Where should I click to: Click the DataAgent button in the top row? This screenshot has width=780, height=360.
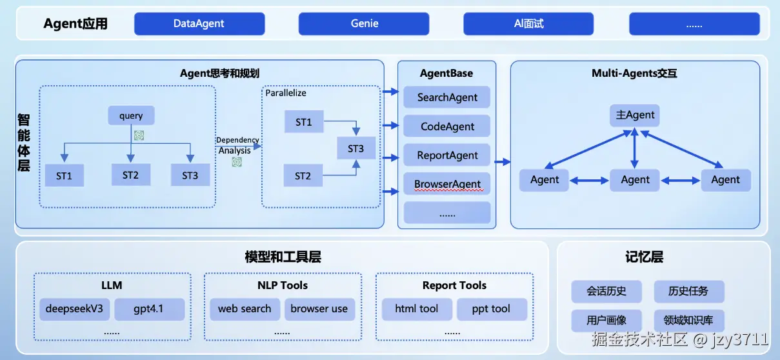pos(199,24)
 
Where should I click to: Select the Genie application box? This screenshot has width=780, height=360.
pos(365,24)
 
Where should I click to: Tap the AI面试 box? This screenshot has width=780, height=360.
pos(528,24)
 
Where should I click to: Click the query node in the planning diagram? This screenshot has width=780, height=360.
pos(131,116)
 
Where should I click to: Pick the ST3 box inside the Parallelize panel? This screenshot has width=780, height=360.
pos(355,149)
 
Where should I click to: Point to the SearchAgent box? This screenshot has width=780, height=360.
pos(447,97)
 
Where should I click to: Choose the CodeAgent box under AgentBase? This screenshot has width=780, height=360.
pos(447,126)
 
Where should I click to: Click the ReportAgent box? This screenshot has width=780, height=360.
pos(447,155)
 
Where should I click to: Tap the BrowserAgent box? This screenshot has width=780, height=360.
pos(447,185)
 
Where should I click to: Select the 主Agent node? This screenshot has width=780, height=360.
pos(635,115)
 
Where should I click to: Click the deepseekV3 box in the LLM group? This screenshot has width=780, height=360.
pos(74,309)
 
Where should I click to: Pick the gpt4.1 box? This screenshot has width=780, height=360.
pos(149,309)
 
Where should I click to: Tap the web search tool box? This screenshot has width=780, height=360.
pos(245,309)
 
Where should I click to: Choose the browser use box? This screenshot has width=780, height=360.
pos(319,309)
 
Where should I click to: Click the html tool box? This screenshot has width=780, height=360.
pos(416,309)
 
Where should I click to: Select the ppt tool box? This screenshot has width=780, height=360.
pos(491,309)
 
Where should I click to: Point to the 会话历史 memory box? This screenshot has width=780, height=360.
pos(606,291)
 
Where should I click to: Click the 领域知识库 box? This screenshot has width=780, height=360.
pos(689,320)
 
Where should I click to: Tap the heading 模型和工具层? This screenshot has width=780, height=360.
pos(283,257)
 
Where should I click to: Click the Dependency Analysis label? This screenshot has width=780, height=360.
pos(237,145)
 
